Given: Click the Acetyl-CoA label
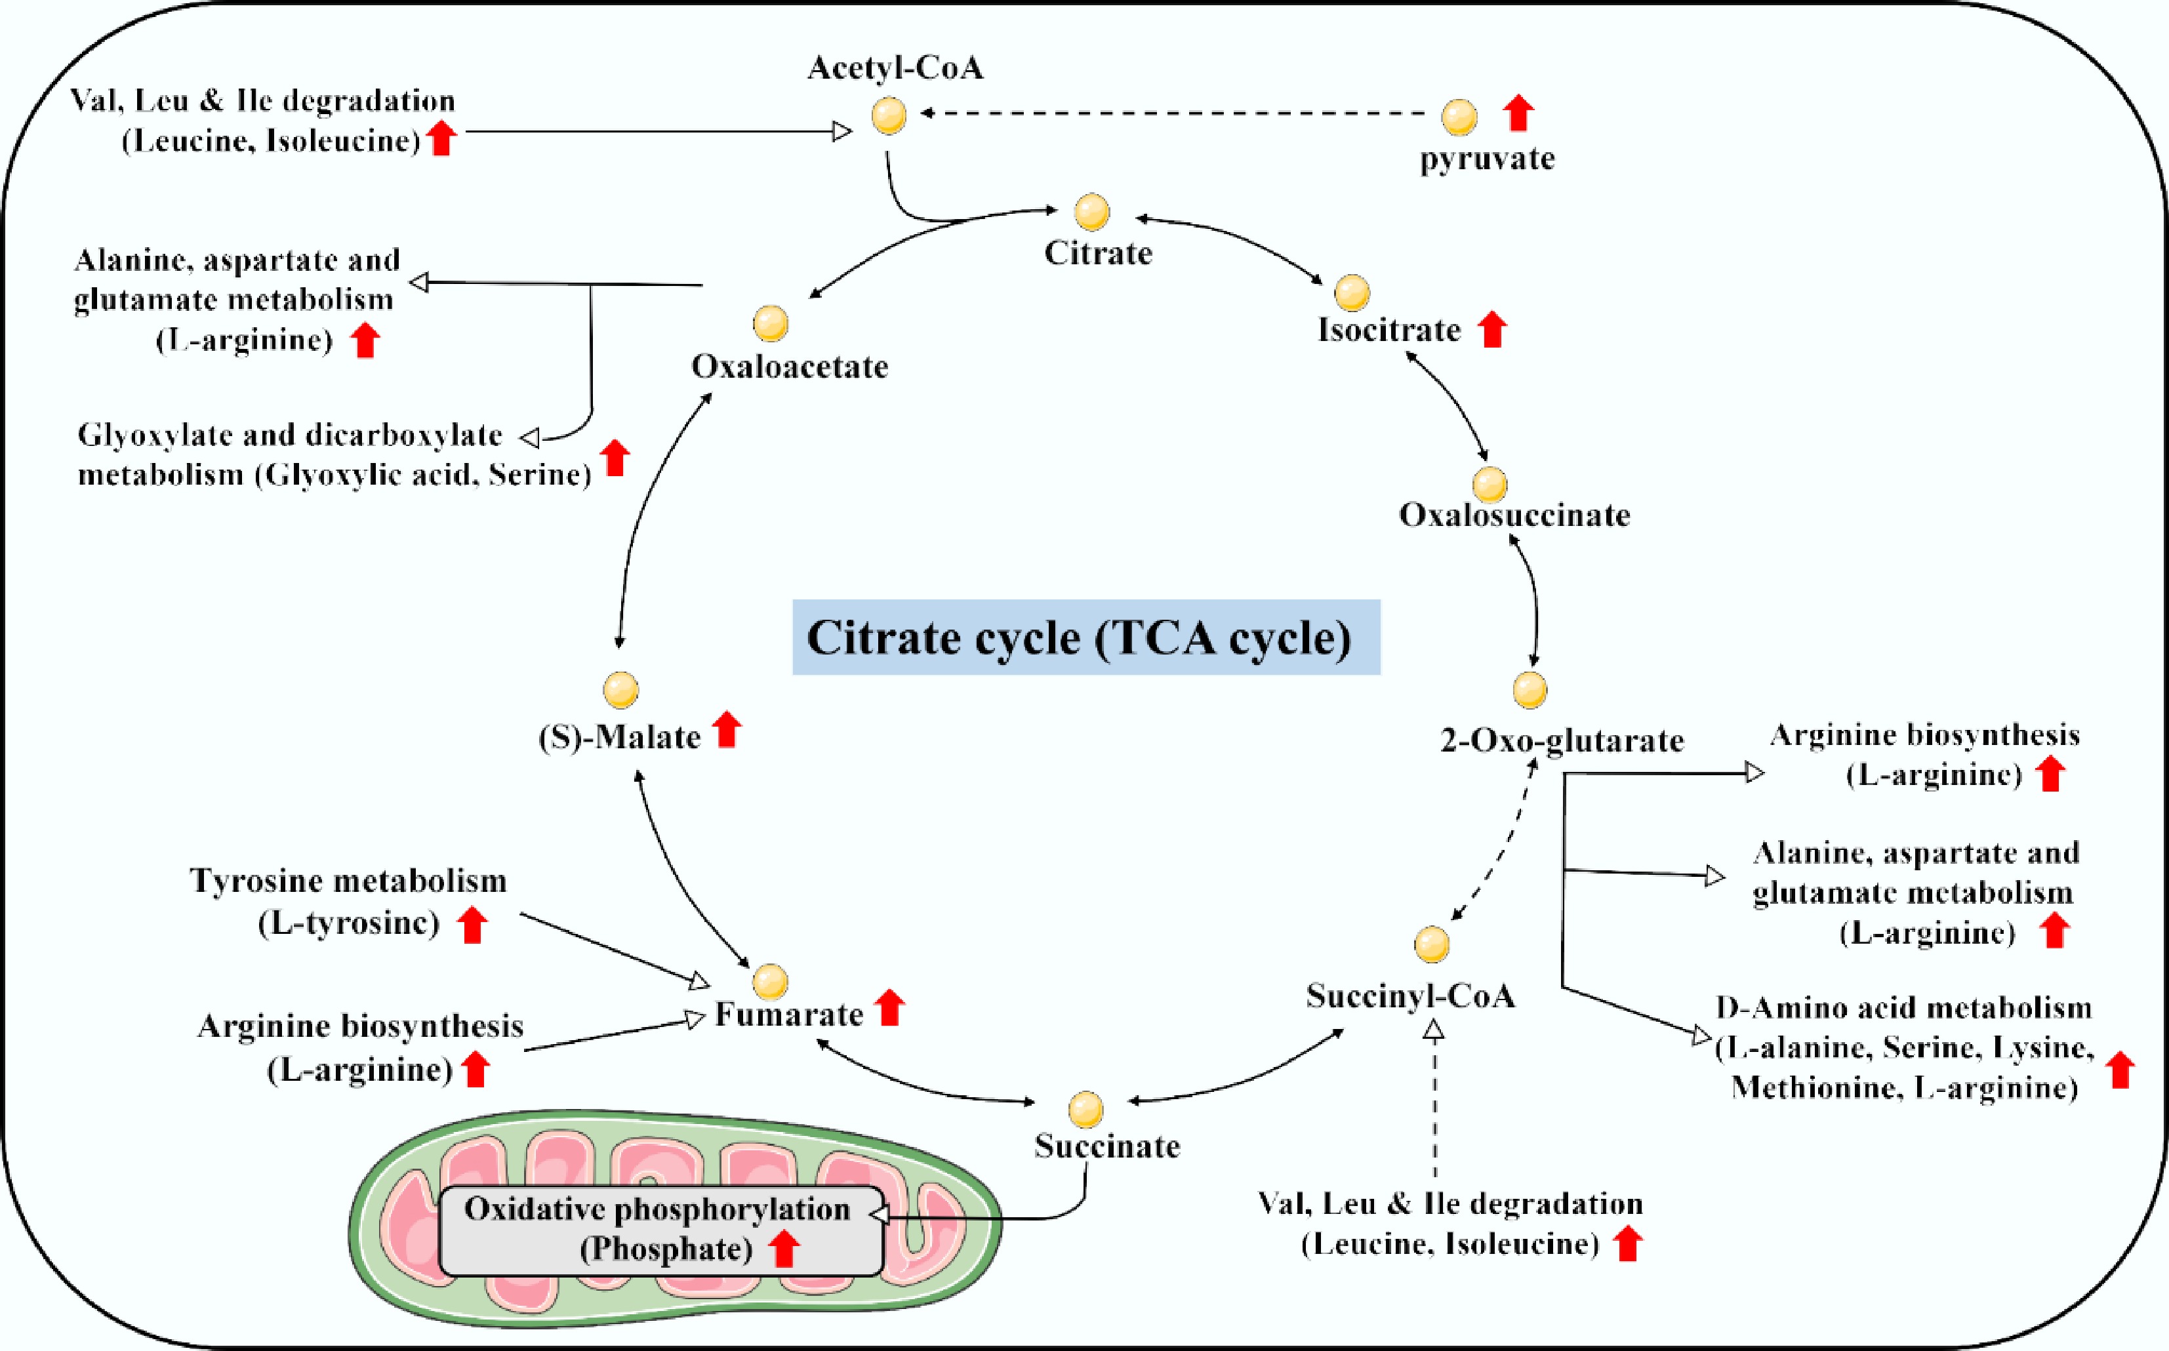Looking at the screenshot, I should point(895,68).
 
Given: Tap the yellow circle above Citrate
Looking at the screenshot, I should point(1091,212).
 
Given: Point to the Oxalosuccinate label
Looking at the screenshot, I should point(1514,515).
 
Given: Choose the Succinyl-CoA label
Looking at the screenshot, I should point(1411,996).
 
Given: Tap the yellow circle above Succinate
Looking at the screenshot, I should point(1085,1110).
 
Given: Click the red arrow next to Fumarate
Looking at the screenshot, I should point(890,1008).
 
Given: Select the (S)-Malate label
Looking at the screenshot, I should point(619,737).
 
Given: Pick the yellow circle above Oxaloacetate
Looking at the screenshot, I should point(770,323).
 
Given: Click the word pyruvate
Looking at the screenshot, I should point(1488,159).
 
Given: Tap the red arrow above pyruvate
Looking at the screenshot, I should point(1518,113).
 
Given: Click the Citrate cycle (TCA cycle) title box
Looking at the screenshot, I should point(1085,637).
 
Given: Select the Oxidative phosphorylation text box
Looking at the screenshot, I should point(661,1230).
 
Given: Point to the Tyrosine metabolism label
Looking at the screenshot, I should point(348,881).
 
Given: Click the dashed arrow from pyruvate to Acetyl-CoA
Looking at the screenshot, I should point(1170,113).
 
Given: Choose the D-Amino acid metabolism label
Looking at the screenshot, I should point(1903,1008).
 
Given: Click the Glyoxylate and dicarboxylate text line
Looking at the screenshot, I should point(291,435).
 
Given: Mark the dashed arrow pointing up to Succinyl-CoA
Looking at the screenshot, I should point(1434,1104).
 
